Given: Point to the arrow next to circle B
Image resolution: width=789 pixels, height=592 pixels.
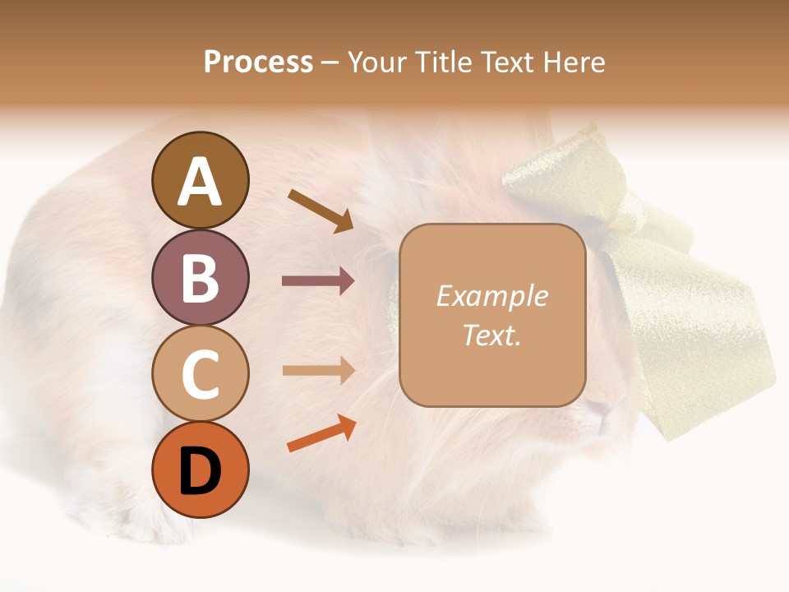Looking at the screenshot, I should pos(318,281).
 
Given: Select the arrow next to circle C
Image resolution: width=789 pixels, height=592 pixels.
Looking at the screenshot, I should pos(318,371).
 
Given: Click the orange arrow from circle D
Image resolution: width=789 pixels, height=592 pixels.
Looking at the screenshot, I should pos(321,434).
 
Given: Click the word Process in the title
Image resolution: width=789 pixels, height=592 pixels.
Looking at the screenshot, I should pos(258,62).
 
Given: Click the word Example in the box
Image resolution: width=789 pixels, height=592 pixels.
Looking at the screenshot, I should pos(491,296).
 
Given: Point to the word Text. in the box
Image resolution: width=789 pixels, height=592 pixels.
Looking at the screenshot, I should pos(491,335).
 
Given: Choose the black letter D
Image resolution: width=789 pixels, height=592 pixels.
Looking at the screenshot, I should pos(200,471).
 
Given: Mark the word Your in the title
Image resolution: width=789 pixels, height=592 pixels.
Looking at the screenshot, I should pos(377,62).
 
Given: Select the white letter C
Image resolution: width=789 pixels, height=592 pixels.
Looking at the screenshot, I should pos(200,374).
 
